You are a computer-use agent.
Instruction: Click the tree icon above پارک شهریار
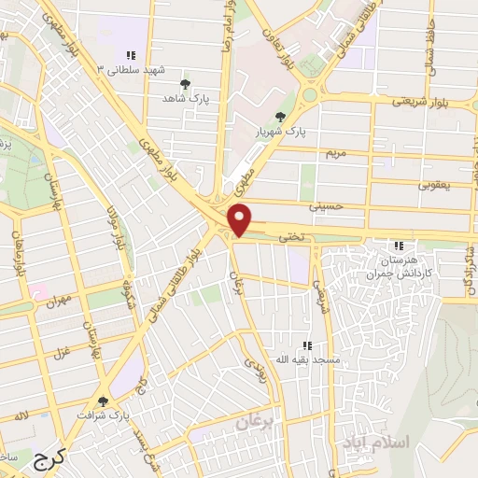(280, 116)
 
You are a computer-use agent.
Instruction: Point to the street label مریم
(333, 151)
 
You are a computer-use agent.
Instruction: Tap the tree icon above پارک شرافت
(103, 399)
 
